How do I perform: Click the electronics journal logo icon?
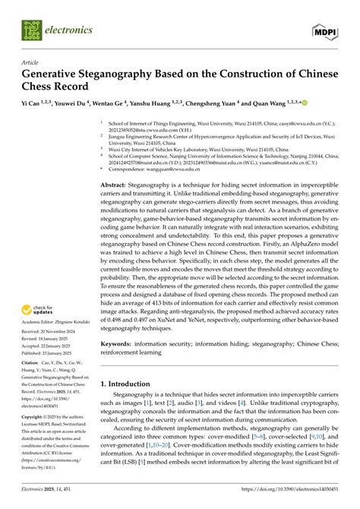click(32, 30)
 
